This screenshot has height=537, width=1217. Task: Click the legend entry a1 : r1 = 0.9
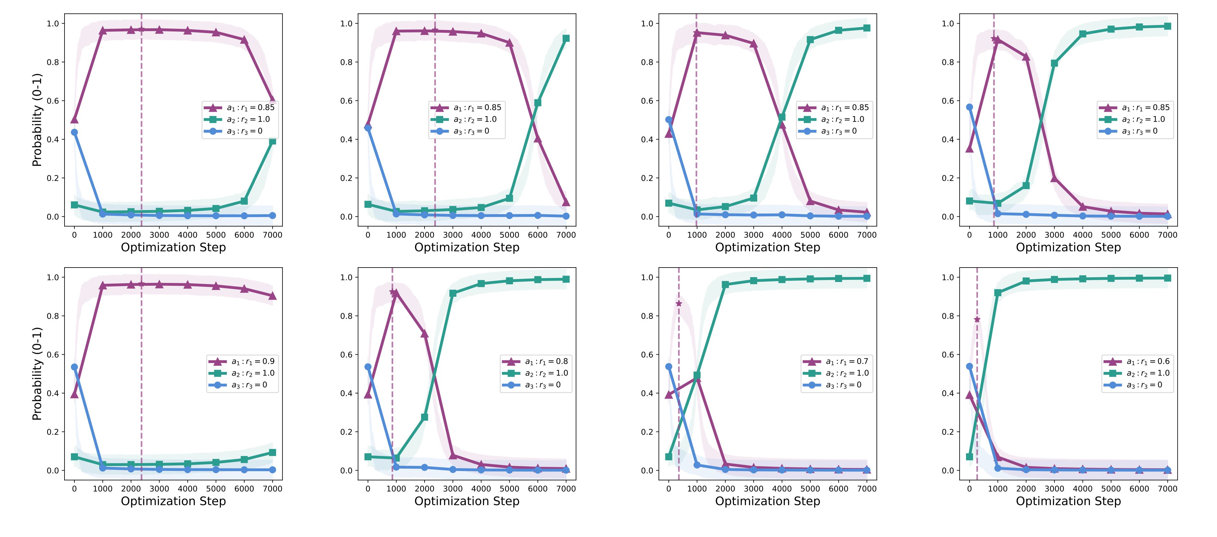tap(242, 362)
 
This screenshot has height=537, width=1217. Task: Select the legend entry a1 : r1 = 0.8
tap(536, 362)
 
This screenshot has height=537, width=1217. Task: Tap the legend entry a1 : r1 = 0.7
tap(836, 362)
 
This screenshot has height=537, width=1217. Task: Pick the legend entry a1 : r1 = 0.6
tap(1137, 362)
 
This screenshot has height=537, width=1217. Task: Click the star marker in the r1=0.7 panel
tap(679, 304)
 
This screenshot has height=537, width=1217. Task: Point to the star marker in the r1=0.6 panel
tap(977, 320)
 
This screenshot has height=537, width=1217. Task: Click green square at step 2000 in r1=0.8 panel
tap(424, 418)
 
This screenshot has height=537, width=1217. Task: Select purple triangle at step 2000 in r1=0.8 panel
tap(424, 334)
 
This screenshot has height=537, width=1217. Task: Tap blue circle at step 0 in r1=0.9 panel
tap(74, 367)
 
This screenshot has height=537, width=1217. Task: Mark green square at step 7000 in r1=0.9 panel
tap(272, 453)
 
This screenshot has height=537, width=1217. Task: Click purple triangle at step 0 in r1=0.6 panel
tap(970, 395)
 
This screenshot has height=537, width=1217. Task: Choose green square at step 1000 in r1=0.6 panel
tap(998, 293)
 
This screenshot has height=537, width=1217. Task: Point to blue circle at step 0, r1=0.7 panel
tap(669, 366)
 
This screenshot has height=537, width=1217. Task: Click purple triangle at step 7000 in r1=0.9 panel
tap(272, 296)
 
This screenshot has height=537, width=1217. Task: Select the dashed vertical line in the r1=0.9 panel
tap(141, 378)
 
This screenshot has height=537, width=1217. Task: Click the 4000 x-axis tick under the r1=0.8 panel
tap(481, 489)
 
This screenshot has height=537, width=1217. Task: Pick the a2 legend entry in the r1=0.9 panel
tap(242, 374)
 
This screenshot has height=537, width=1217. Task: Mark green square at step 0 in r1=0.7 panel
tap(669, 457)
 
